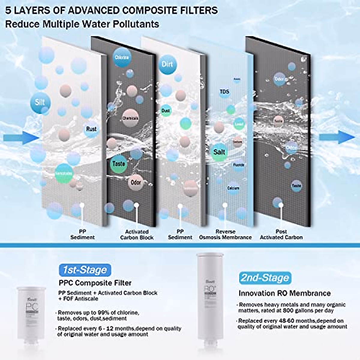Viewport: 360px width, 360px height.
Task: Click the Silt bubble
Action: pyautogui.click(x=40, y=103)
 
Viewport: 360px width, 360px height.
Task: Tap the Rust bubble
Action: pyautogui.click(x=91, y=129)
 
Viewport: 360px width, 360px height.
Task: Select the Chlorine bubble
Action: pyautogui.click(x=122, y=57)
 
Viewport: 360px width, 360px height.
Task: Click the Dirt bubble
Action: pyautogui.click(x=167, y=64)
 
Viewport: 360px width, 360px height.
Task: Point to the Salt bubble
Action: pyautogui.click(x=219, y=152)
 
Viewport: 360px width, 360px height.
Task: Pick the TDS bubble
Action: pyautogui.click(x=224, y=92)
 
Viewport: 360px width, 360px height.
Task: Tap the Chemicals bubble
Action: pyautogui.click(x=130, y=118)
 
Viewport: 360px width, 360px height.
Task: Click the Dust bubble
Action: pyautogui.click(x=166, y=111)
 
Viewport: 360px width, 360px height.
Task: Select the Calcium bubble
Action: pyautogui.click(x=233, y=188)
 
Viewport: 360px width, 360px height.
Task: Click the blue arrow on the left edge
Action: pyautogui.click(x=21, y=138)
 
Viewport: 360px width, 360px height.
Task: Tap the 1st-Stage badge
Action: pyautogui.click(x=85, y=270)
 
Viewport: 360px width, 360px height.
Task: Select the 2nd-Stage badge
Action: pyautogui.click(x=265, y=278)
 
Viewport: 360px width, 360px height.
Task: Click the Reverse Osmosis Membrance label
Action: pyautogui.click(x=225, y=235)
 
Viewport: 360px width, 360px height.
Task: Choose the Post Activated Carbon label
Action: pyautogui.click(x=281, y=235)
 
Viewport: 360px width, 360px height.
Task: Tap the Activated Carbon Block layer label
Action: pyautogui.click(x=137, y=235)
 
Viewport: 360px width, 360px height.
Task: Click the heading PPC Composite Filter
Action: pyautogui.click(x=95, y=283)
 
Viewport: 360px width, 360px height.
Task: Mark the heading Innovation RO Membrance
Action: pyautogui.click(x=285, y=293)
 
